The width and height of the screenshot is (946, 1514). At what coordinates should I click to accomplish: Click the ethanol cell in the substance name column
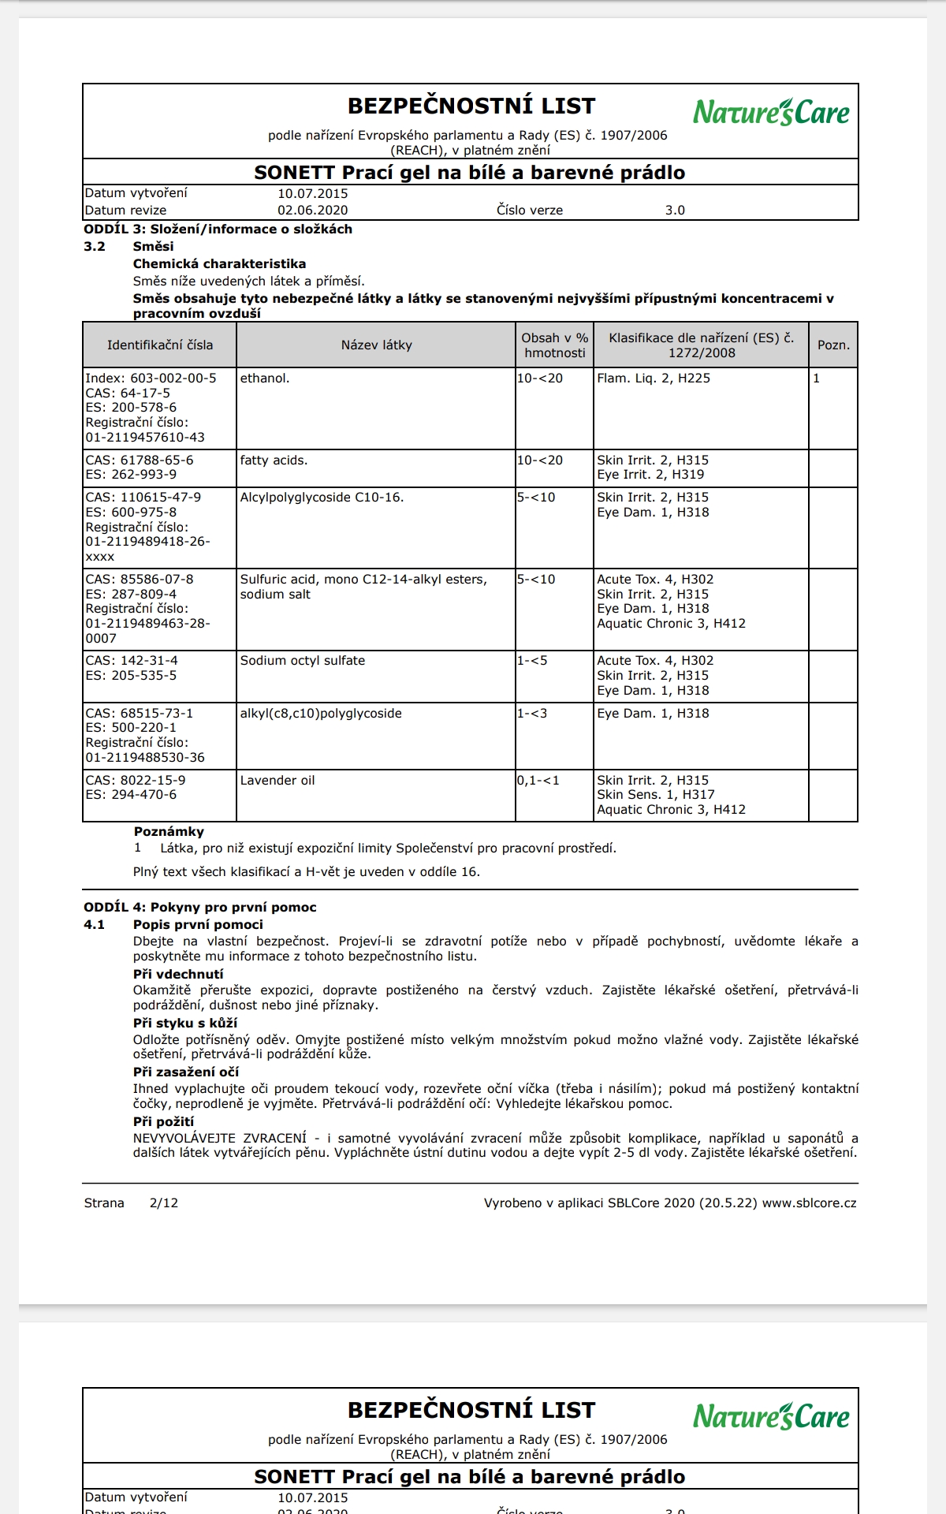[265, 378]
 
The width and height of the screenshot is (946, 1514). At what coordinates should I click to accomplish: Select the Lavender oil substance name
[277, 781]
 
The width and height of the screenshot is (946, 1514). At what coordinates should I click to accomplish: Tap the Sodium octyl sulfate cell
[303, 661]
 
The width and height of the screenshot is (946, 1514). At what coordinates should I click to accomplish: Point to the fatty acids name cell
[274, 461]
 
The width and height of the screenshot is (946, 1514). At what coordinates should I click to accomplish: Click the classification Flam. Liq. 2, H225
[654, 378]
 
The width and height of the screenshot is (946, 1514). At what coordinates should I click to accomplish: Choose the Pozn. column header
[833, 345]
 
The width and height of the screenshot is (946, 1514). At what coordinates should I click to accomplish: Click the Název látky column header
[376, 345]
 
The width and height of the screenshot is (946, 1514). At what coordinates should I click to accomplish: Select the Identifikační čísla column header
[160, 345]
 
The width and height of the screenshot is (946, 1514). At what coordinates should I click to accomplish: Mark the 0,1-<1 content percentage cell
[538, 781]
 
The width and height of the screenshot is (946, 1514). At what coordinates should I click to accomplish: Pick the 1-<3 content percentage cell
[532, 714]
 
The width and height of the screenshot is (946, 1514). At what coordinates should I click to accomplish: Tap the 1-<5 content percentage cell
[532, 661]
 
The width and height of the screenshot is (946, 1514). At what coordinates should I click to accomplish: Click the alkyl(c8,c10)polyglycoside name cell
[321, 714]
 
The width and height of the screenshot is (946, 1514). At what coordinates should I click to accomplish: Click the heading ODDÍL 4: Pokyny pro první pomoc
[200, 908]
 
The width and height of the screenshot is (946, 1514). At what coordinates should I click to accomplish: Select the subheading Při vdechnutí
[178, 975]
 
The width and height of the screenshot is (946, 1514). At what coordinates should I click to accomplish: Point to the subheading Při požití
[163, 1122]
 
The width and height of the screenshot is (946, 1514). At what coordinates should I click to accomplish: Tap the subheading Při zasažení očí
[185, 1072]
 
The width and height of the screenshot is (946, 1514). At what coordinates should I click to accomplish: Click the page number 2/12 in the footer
[164, 1203]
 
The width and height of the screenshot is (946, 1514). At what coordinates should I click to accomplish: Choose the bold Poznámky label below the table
[169, 832]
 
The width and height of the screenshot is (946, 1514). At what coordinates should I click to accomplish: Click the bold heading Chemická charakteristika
[219, 264]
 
